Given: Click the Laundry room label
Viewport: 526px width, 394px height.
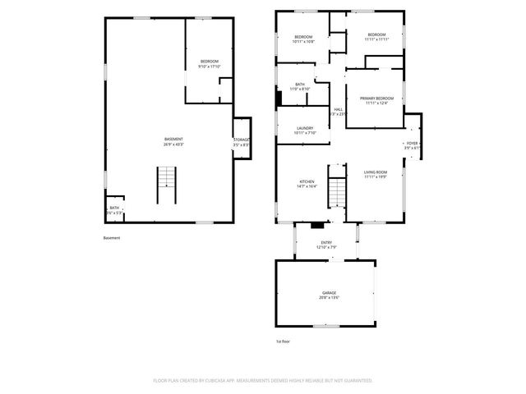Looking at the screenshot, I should tap(304, 131).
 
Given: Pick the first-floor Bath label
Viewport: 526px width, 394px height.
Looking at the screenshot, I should tap(300, 86).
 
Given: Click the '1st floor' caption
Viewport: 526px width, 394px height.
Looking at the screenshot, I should tap(283, 341).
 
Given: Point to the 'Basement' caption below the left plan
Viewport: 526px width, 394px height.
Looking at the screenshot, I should tap(112, 239).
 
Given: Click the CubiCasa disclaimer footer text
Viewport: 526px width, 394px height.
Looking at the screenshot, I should tap(263, 381).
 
